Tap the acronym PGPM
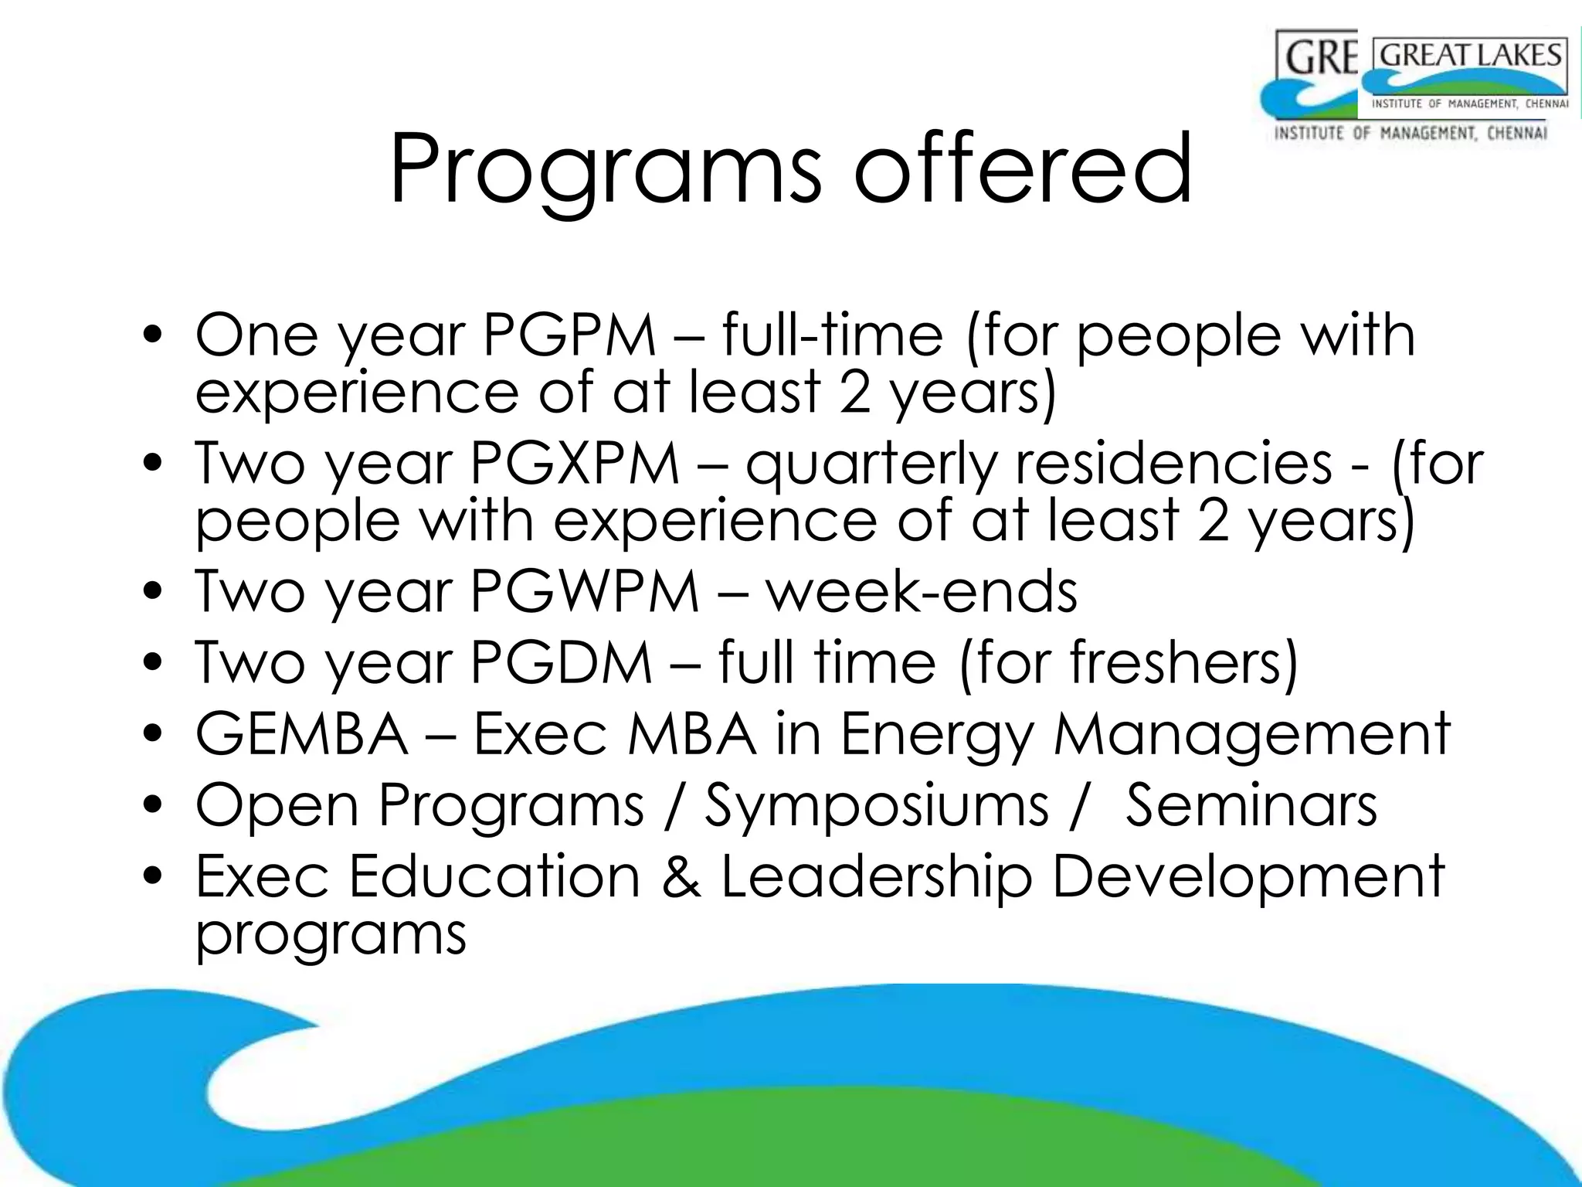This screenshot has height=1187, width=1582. [x=569, y=336]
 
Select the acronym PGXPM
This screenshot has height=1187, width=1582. [x=575, y=464]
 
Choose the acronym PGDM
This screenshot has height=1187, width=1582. [x=562, y=663]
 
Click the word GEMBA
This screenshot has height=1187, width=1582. [x=301, y=734]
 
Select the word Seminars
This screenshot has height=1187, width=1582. [x=1251, y=805]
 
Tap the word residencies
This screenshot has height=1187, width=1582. [x=1173, y=464]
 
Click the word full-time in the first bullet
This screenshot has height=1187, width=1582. [x=832, y=336]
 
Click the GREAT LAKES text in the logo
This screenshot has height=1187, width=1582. [x=1470, y=56]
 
